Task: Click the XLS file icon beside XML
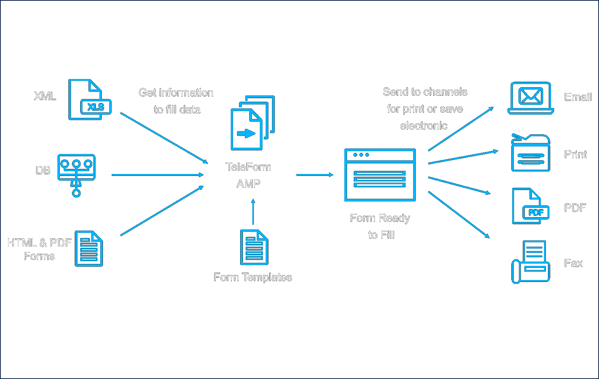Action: coord(90,100)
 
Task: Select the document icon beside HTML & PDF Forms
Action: coord(89,249)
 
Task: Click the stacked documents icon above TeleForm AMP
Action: coord(252,123)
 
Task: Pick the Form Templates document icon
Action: coord(254,247)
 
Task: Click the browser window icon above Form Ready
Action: coord(380,175)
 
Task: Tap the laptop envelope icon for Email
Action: coord(531,98)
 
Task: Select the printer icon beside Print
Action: coord(531,154)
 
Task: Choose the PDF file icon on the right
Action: coord(531,207)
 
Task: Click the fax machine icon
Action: coord(531,262)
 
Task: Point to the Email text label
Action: coord(578,97)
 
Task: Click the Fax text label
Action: coord(573,263)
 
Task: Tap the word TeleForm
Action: coord(248,167)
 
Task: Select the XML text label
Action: coord(45,96)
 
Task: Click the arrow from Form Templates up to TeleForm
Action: coord(253,212)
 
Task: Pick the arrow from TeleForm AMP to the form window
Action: coord(314,175)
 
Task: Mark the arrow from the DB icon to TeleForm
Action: coord(157,175)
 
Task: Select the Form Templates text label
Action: coord(253,277)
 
